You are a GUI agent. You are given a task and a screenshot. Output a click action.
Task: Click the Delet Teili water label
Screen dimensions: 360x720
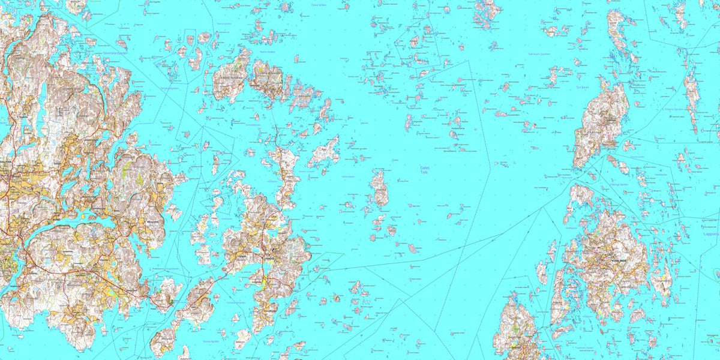point(425,170)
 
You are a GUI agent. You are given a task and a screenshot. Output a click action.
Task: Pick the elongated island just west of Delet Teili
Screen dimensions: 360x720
point(379,189)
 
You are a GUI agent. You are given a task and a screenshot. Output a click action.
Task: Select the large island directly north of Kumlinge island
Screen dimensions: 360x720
point(601,123)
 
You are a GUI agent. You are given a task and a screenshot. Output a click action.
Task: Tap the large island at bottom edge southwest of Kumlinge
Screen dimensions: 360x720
point(517,330)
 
